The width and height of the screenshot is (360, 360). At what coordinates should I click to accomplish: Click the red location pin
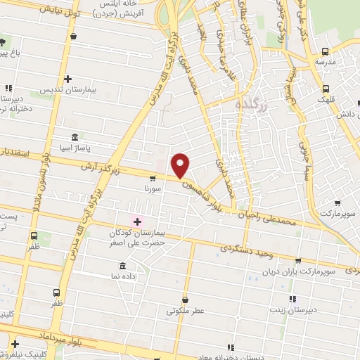click(x=181, y=165)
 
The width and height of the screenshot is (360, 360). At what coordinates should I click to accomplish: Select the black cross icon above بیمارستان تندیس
click(x=67, y=79)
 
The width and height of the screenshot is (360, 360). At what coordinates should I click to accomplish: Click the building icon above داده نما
click(x=123, y=266)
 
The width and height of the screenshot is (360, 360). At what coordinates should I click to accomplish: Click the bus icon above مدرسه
click(x=325, y=51)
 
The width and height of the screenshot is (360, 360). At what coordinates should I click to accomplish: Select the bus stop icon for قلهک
click(x=326, y=89)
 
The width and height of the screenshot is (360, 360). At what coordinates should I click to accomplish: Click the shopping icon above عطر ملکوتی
click(x=185, y=300)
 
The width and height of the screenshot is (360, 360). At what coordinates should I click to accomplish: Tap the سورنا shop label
click(x=153, y=188)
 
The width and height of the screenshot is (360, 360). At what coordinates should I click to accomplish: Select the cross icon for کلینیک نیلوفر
click(x=14, y=344)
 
